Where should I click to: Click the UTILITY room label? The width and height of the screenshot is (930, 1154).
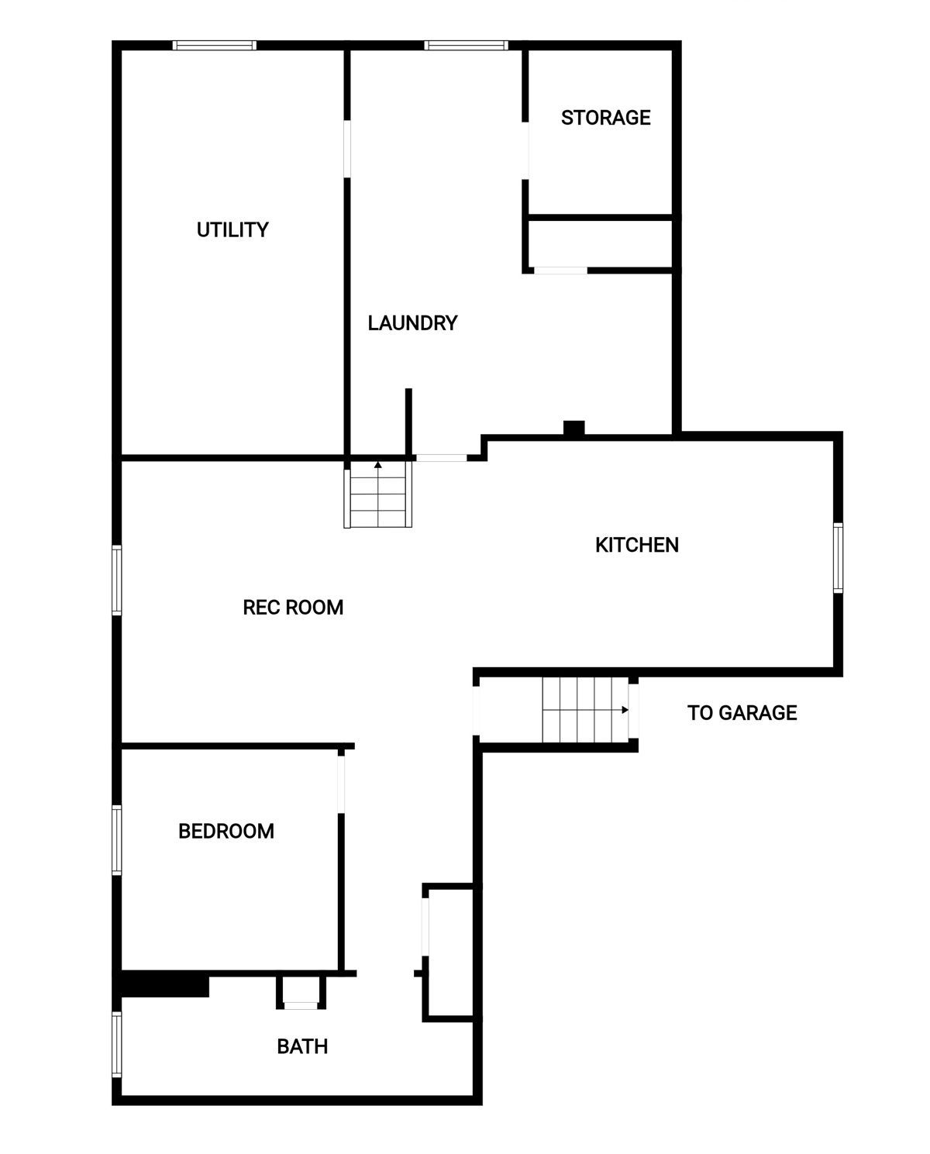coord(232,229)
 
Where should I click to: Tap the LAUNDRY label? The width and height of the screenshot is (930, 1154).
coord(412,323)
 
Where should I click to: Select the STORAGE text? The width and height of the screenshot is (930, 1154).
coord(605,118)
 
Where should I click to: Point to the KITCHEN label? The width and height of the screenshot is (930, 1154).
coord(636,545)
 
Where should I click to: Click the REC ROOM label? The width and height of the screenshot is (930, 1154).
coord(293,607)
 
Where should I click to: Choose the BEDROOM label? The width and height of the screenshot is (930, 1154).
coord(226,831)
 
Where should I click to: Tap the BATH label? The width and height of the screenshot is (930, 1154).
coord(302,1046)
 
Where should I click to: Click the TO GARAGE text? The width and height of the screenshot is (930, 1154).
coord(742,712)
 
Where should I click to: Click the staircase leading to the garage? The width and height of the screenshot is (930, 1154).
coord(585,709)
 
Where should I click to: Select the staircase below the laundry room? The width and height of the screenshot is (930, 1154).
coord(378,494)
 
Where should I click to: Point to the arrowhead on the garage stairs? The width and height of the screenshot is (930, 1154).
coord(625,709)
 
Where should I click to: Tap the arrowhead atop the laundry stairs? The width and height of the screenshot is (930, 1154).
coord(378,464)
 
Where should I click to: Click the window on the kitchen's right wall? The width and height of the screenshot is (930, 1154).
coord(838,558)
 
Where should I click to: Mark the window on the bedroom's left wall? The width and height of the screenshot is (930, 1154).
coord(116,840)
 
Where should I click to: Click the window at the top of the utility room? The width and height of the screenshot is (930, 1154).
coord(215,45)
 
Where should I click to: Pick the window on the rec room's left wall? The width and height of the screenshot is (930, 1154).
coord(116,580)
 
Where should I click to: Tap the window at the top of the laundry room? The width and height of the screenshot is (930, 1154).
coord(466,45)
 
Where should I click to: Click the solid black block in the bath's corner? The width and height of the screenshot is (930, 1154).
coord(164,986)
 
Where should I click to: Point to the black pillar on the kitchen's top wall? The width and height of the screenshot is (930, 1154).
coord(573,429)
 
